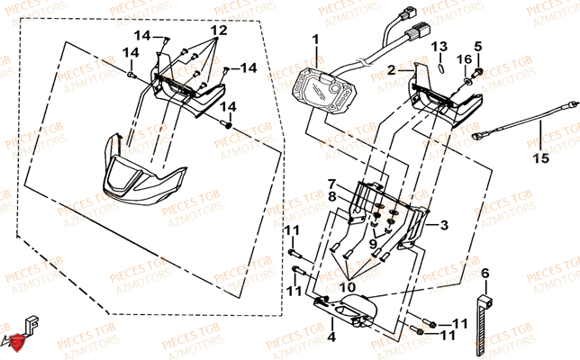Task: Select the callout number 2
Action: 392,68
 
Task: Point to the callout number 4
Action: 306,337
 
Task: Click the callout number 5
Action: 477,46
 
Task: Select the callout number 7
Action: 331,183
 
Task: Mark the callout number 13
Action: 438,46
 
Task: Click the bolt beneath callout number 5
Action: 477,69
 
